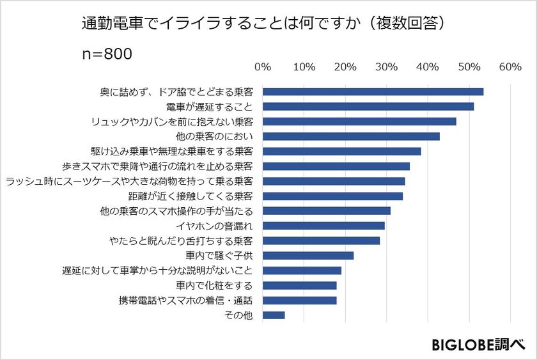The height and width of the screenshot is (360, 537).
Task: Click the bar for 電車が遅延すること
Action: click(368, 107)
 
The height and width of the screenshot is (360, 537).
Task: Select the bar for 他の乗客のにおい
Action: click(351, 136)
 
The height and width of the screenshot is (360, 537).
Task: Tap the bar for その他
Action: click(274, 315)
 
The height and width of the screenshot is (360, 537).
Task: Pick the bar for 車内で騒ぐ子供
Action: click(308, 256)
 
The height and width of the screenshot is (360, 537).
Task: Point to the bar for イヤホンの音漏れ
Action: click(323, 226)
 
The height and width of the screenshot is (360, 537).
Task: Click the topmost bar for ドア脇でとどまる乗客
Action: click(373, 91)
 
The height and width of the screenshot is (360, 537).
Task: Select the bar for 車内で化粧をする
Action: click(299, 285)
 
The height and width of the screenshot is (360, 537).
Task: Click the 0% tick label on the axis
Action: click(263, 67)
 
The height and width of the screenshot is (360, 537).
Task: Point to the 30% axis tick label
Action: click(387, 67)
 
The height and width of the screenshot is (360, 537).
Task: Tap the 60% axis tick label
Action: click(510, 67)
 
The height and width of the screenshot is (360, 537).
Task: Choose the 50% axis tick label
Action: click(469, 67)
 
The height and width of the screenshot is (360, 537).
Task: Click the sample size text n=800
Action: click(107, 54)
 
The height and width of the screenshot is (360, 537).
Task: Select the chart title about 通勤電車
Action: click(263, 24)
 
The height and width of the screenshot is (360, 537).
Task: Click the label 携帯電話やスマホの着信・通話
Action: click(185, 300)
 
